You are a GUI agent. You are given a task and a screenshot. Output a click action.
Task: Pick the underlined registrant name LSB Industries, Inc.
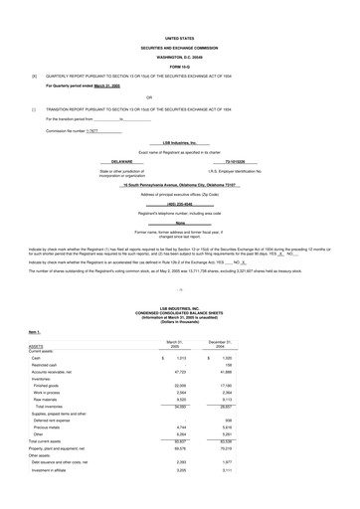pos(180,142)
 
